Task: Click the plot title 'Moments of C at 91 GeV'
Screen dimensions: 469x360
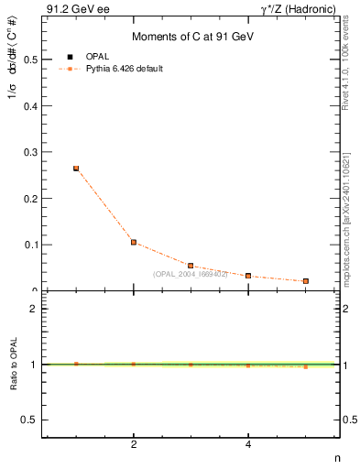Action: [191, 37]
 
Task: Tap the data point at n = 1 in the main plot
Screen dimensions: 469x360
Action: [76, 169]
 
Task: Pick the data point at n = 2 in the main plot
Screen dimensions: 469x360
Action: [134, 242]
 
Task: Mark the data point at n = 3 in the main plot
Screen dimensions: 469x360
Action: [191, 266]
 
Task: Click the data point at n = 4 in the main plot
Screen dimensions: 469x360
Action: [248, 276]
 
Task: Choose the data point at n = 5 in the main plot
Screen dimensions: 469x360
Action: [305, 281]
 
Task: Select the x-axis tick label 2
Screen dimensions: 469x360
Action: [134, 445]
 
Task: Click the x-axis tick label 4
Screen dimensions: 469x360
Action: [248, 445]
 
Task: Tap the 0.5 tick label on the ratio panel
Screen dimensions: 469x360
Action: [28, 420]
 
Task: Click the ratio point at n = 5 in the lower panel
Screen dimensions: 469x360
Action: [305, 366]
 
